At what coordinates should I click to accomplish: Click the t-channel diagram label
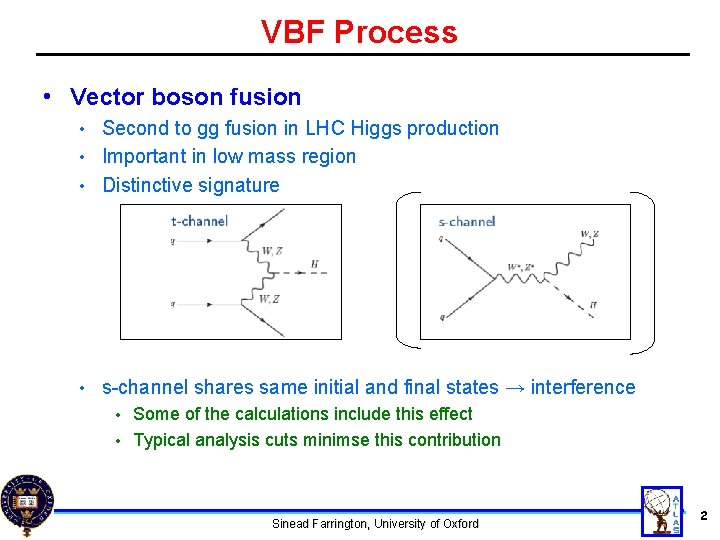199,221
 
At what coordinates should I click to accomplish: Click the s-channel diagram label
466,221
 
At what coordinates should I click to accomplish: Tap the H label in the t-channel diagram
315,265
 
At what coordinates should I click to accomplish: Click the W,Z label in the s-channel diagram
589,234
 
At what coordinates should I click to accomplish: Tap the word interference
583,387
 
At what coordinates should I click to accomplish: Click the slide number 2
704,516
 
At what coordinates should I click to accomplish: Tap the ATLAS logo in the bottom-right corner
661,511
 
